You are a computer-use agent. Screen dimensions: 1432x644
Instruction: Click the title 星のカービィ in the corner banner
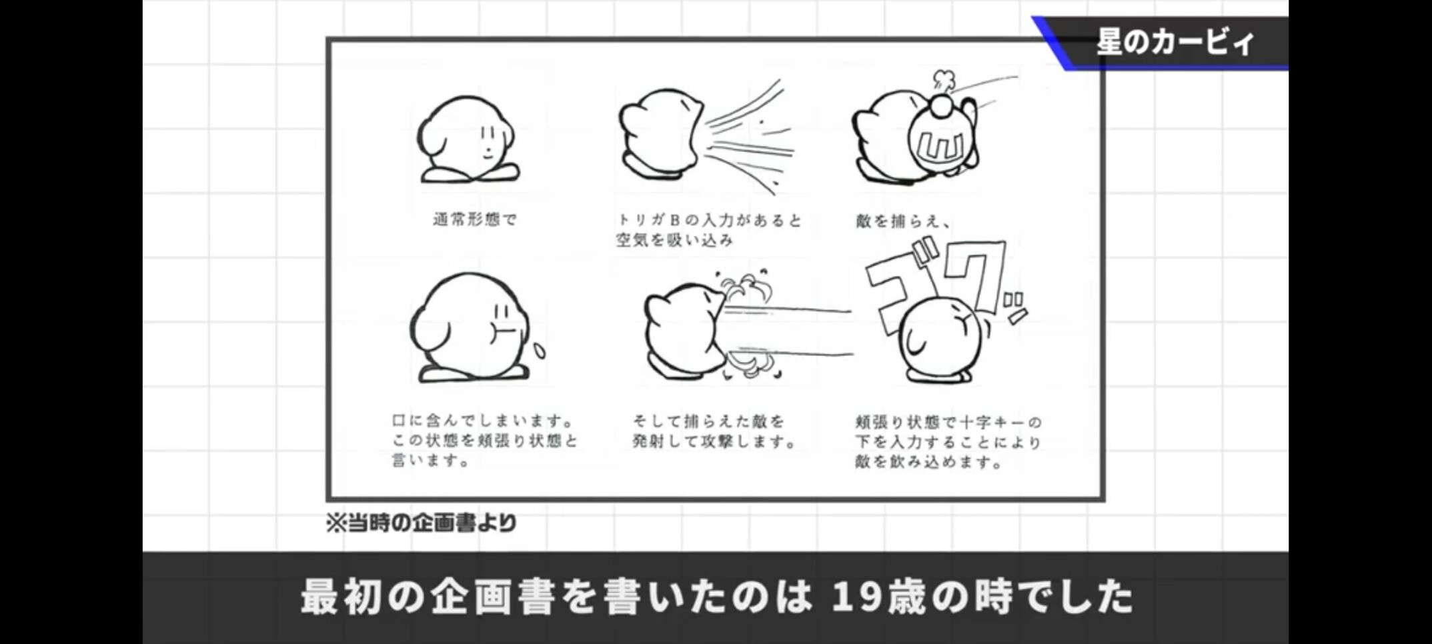1176,42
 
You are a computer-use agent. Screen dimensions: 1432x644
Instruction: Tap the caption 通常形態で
475,219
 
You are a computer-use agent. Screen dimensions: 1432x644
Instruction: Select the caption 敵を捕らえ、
903,221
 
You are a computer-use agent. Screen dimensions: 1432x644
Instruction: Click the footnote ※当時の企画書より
421,523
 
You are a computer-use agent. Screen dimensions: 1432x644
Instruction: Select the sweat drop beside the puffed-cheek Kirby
539,351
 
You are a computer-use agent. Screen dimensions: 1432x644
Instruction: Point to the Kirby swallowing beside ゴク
940,340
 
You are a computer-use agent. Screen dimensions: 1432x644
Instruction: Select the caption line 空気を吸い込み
674,240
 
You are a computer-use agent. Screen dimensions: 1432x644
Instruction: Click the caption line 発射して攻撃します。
714,441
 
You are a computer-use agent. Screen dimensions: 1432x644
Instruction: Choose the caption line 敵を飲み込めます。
929,461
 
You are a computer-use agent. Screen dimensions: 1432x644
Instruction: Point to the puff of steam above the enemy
943,81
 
